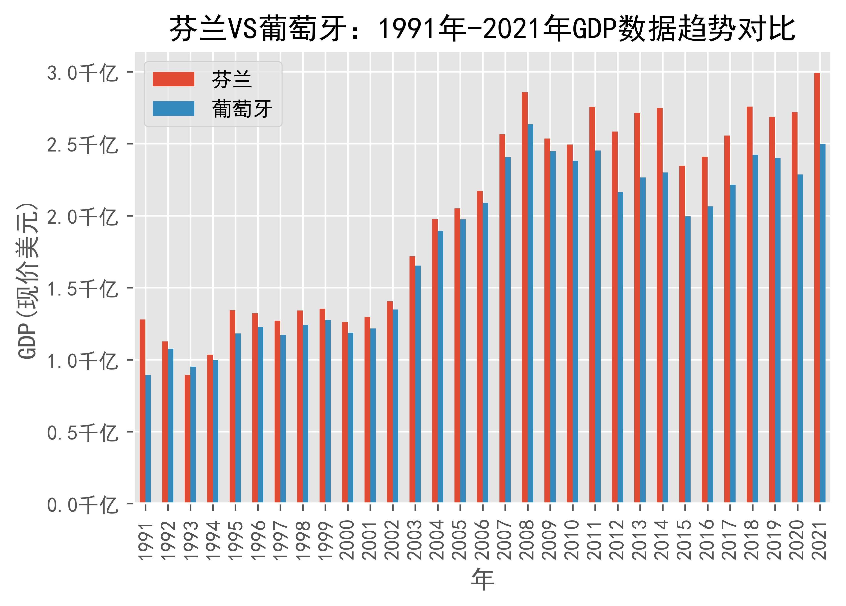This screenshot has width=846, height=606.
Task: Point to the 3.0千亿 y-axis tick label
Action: tap(82, 73)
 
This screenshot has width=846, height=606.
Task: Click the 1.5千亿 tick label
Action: tap(82, 289)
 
